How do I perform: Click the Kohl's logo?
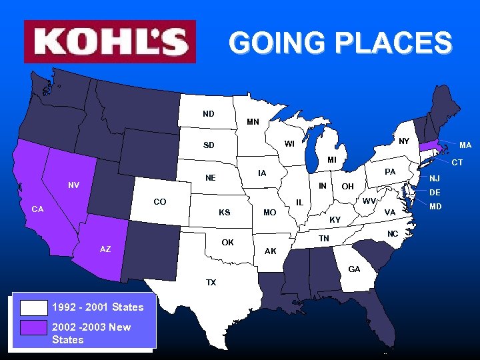coord(110,41)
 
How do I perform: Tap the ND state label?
coord(209,114)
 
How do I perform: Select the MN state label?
coord(253,122)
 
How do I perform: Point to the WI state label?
coord(289,143)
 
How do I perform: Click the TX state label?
coord(211,283)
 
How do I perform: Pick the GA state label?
coord(354,269)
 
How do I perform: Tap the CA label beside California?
coord(38,209)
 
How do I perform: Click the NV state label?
coord(74,185)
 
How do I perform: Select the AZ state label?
coord(105,249)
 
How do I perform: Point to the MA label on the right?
coord(465,145)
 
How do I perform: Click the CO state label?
coord(160,201)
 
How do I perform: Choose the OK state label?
coord(228,242)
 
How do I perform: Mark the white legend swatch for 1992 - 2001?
coord(34,307)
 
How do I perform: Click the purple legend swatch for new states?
coord(34,327)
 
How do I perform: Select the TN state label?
coord(324,238)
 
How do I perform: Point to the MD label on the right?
coord(435,207)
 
